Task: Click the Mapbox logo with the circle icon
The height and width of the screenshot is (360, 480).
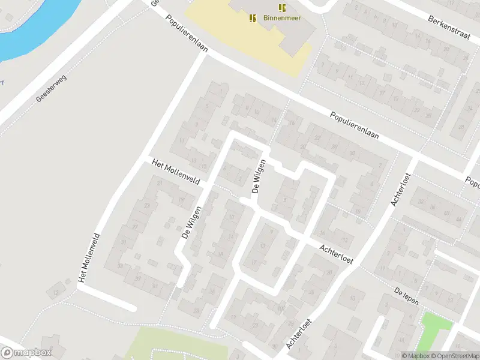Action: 26,353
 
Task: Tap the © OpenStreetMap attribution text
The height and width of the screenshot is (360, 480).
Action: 454,356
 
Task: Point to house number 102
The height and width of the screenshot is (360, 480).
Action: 280,309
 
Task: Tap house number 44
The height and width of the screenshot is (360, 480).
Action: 459,220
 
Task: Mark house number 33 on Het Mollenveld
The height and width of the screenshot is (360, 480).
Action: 120,266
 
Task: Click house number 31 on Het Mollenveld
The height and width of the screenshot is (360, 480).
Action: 124,242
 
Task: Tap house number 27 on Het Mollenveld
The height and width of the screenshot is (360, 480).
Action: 135,227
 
